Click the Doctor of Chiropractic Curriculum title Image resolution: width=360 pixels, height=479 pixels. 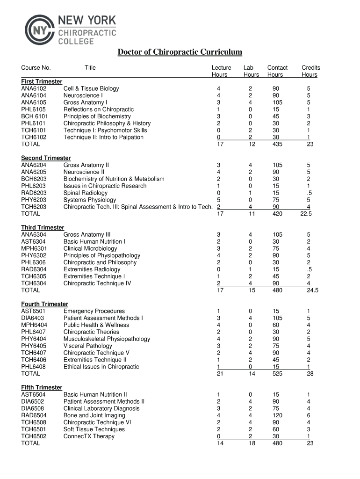point(180,52)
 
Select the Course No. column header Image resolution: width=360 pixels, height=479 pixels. point(36,68)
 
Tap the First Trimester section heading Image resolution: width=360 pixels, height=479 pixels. point(42,81)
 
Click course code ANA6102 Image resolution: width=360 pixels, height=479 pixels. point(34,88)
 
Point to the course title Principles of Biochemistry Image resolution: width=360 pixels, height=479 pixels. point(97,116)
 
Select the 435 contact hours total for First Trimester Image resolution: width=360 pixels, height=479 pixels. point(277,144)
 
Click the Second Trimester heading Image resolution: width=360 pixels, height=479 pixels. point(46,158)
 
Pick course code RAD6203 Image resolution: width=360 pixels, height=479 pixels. point(34,193)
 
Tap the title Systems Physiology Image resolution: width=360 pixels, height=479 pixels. point(90,200)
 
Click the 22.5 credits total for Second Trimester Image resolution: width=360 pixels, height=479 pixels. point(307,214)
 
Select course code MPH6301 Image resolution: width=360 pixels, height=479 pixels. point(34,248)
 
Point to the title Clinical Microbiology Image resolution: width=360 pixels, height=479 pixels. point(90,248)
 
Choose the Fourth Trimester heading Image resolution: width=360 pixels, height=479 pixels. point(44,304)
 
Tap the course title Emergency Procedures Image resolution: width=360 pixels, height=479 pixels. point(94,311)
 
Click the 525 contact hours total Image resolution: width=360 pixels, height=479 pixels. point(277,374)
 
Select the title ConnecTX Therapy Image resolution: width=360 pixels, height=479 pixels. point(89,436)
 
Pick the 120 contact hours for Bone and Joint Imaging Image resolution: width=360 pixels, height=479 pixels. point(277,415)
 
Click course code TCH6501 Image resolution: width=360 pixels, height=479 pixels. point(34,429)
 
